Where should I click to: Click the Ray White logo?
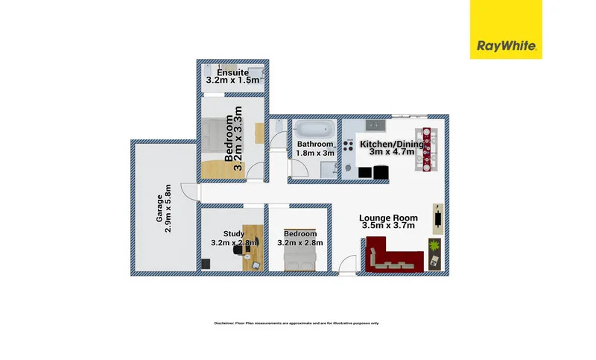tap(510, 29)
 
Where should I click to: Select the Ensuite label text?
tap(232, 72)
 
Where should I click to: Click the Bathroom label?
tap(314, 144)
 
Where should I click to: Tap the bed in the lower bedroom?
tap(301, 258)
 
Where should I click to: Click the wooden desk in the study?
tap(252, 247)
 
